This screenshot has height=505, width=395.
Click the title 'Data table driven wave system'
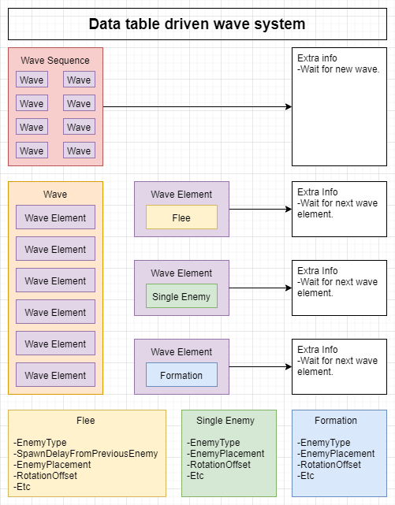(x=197, y=24)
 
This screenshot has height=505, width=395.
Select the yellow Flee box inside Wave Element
(x=181, y=217)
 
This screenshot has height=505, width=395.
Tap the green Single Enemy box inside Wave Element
(x=181, y=296)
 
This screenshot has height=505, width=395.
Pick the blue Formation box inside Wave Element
(x=181, y=374)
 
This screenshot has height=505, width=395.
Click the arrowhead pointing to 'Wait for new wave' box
(x=289, y=106)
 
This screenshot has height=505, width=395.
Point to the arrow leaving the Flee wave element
(x=261, y=209)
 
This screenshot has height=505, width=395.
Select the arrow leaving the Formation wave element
(x=261, y=366)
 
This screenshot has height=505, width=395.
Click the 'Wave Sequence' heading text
(x=55, y=61)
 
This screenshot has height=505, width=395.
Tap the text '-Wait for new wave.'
(x=338, y=69)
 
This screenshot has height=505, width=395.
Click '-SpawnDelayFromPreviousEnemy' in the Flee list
(x=86, y=454)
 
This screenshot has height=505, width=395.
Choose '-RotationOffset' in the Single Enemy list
(x=218, y=464)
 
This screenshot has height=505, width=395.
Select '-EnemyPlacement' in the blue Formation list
(x=336, y=454)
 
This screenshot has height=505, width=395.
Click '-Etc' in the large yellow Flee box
(x=22, y=486)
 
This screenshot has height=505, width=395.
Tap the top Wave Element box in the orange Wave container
(x=55, y=217)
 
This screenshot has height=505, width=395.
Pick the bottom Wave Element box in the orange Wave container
(x=55, y=374)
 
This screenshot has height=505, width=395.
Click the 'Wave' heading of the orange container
(x=55, y=195)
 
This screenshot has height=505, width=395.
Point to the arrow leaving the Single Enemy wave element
(x=261, y=288)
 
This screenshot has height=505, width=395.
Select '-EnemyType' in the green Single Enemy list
(x=214, y=443)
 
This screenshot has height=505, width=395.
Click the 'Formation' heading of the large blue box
(x=336, y=420)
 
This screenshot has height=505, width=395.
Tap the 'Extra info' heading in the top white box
(x=317, y=58)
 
